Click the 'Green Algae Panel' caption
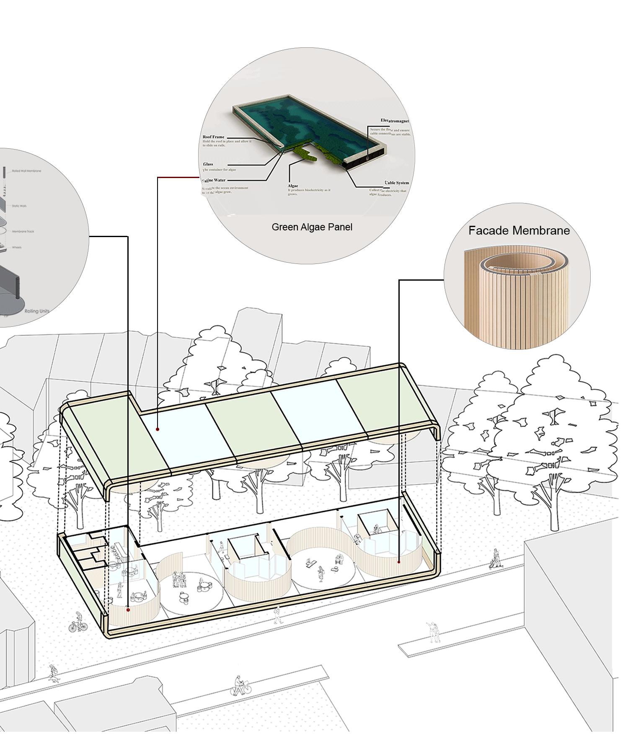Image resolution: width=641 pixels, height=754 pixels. pyautogui.click(x=312, y=227)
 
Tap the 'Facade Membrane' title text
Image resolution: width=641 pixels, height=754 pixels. pyautogui.click(x=519, y=230)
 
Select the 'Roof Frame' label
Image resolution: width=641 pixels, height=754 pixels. pyautogui.click(x=214, y=137)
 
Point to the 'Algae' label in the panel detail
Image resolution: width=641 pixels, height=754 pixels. pyautogui.click(x=293, y=186)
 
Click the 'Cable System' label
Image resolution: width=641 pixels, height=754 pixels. pyautogui.click(x=397, y=183)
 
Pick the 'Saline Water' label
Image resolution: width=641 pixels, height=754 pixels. pyautogui.click(x=214, y=180)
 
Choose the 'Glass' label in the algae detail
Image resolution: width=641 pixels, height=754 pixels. pyautogui.click(x=208, y=164)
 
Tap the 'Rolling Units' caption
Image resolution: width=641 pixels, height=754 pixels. pyautogui.click(x=37, y=311)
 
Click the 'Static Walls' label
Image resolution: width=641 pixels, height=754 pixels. pyautogui.click(x=19, y=206)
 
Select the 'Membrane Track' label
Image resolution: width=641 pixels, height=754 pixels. pyautogui.click(x=23, y=231)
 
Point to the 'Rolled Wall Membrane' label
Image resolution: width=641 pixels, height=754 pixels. pyautogui.click(x=26, y=171)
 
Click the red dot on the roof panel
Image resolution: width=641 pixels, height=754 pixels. pyautogui.click(x=158, y=429)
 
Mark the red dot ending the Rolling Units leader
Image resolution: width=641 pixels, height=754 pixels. pyautogui.click(x=128, y=610)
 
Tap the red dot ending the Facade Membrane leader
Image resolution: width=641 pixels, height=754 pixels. pyautogui.click(x=398, y=562)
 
